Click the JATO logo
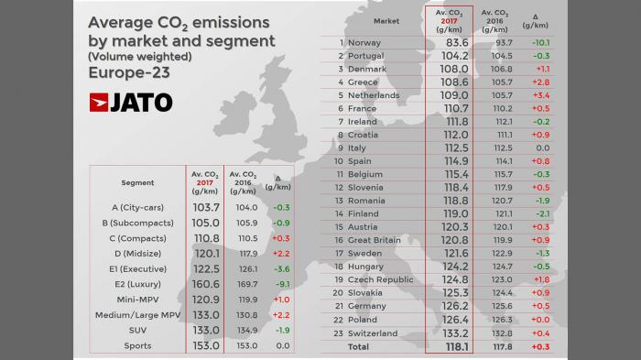(x=131, y=103)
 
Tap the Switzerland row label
(x=374, y=333)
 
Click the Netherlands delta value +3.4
(x=540, y=95)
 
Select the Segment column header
(x=137, y=182)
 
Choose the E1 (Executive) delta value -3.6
(x=282, y=269)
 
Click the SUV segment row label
(x=137, y=330)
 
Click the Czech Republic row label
(x=381, y=279)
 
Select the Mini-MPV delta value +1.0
(x=282, y=300)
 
